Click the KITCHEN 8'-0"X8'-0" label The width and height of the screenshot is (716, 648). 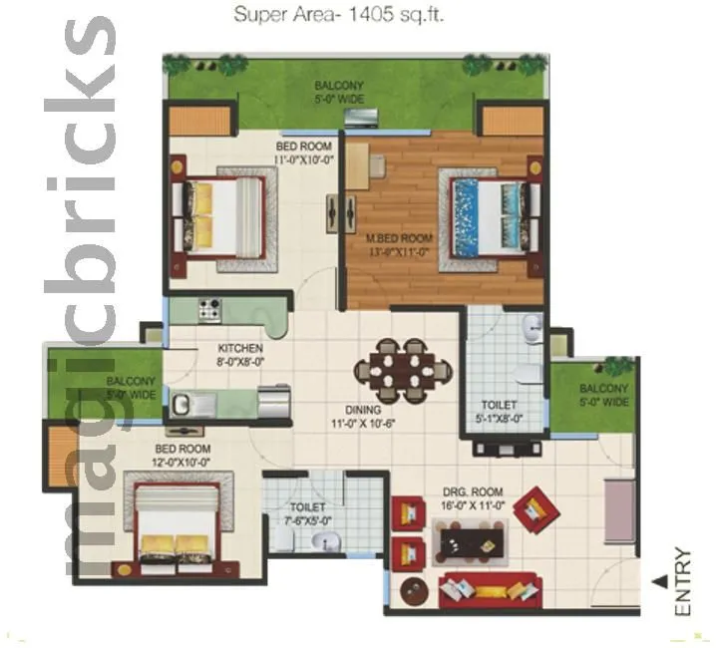click(240, 355)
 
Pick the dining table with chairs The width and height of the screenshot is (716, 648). click(404, 370)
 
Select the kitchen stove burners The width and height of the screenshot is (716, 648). click(209, 309)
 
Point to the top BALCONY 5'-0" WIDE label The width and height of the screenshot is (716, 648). click(339, 92)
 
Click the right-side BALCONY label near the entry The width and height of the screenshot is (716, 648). click(603, 395)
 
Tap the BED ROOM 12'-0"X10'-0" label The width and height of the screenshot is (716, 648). click(181, 456)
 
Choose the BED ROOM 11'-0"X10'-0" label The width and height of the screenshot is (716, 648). click(303, 152)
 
